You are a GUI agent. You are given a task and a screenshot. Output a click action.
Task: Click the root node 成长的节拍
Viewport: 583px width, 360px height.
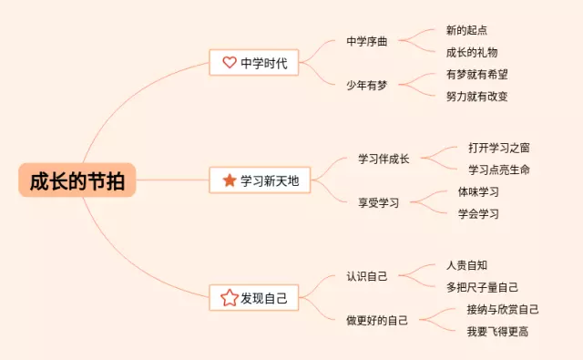(77, 180)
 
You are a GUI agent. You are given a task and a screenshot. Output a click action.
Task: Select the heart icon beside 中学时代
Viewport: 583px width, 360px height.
(229, 63)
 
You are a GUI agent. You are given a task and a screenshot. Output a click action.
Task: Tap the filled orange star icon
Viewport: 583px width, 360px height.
(229, 180)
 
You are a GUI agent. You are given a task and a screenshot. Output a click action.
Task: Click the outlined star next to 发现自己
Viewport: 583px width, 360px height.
(229, 297)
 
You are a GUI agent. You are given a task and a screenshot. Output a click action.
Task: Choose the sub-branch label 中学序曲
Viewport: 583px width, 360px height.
(367, 42)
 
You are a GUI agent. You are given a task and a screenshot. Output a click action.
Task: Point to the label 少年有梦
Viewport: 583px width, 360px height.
(367, 86)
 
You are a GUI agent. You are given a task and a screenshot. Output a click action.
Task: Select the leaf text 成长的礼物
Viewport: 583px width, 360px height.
(472, 53)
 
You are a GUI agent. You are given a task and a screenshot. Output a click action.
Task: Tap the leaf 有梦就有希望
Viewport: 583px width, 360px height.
(477, 75)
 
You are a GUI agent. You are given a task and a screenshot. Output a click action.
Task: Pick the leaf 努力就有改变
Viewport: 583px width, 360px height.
(477, 97)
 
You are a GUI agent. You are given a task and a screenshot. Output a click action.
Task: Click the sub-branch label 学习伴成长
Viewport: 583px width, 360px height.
(384, 159)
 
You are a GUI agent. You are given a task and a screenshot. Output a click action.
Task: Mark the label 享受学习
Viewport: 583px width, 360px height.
(378, 202)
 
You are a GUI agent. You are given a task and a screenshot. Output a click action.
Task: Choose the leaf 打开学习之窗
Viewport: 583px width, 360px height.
(499, 148)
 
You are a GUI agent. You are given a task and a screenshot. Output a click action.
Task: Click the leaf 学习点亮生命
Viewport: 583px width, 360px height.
(499, 170)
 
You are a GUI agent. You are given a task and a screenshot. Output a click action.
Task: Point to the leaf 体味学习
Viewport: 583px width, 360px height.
(478, 192)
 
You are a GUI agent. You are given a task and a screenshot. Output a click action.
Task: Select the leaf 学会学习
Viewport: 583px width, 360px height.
(478, 214)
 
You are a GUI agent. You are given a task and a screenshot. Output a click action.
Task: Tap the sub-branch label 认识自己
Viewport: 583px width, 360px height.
(367, 275)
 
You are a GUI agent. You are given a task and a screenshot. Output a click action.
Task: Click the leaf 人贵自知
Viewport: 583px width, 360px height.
(465, 265)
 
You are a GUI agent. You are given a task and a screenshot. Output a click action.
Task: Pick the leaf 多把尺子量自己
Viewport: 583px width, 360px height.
(483, 287)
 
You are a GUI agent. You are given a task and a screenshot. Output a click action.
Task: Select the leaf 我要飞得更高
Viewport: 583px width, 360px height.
(497, 331)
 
